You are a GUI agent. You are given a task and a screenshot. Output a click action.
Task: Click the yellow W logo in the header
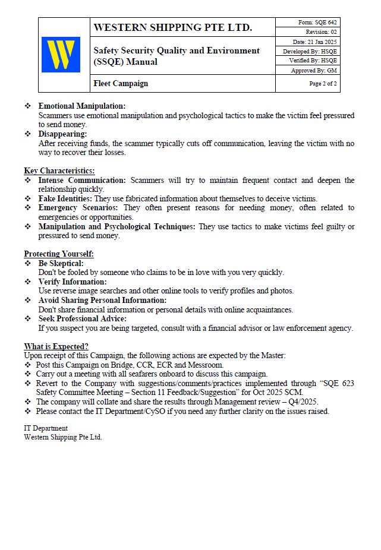click(x=61, y=55)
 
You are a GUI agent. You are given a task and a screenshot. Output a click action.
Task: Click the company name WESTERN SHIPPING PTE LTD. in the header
click(x=173, y=27)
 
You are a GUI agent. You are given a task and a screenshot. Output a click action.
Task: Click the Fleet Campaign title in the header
click(x=121, y=84)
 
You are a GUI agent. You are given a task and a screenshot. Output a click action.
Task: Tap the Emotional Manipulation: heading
click(x=82, y=106)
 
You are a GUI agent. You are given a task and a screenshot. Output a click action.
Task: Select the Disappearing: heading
click(x=63, y=134)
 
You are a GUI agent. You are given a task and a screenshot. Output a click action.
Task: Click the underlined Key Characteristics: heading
click(x=59, y=171)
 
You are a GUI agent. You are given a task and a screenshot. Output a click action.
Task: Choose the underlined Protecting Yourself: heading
click(x=59, y=254)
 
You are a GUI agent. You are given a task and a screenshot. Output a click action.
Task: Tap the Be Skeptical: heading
click(x=61, y=263)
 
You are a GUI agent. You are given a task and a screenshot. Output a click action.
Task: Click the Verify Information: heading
click(x=73, y=282)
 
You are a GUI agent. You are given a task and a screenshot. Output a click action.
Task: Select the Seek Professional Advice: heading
click(x=83, y=319)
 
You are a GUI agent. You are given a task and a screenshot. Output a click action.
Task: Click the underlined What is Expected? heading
click(x=56, y=347)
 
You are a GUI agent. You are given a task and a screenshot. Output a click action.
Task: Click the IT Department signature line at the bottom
click(x=46, y=428)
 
